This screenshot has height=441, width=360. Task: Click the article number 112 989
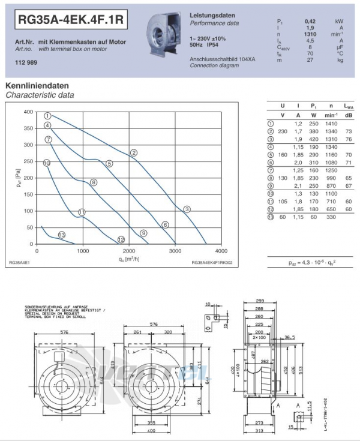tap(24, 62)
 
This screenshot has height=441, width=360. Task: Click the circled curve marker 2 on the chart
tap(134, 153)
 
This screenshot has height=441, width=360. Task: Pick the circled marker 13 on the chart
tap(61, 235)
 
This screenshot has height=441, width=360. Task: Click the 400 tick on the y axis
tap(28, 112)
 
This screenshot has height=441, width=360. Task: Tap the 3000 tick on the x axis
tap(175, 251)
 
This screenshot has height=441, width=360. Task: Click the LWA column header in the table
tap(349, 106)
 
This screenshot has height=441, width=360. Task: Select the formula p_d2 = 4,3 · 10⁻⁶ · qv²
tap(310, 263)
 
